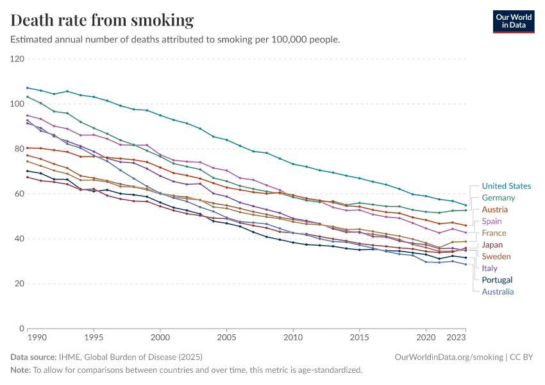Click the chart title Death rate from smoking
(103, 21)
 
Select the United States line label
(507, 186)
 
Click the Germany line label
(499, 198)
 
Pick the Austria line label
(495, 210)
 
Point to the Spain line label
(492, 221)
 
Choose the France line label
(494, 233)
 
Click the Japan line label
(493, 244)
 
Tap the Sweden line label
(497, 257)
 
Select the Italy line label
(490, 268)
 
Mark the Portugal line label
(497, 280)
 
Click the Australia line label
(498, 291)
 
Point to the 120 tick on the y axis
(17, 59)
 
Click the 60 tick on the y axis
(19, 194)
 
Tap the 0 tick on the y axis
(21, 329)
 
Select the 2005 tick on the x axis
(226, 337)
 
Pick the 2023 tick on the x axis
(457, 337)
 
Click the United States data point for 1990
(28, 88)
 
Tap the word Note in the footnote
(20, 370)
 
